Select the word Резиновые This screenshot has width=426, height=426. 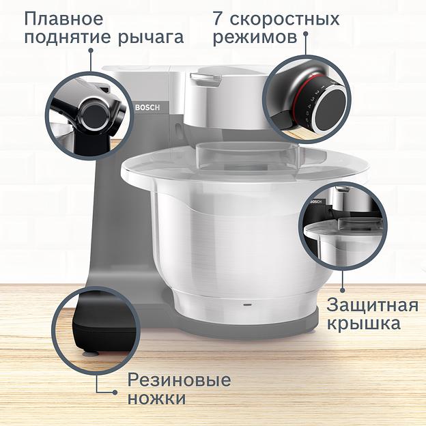pos(180,380)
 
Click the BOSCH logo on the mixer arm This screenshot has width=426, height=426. pos(147,108)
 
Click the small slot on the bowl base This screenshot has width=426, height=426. pos(246,301)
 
